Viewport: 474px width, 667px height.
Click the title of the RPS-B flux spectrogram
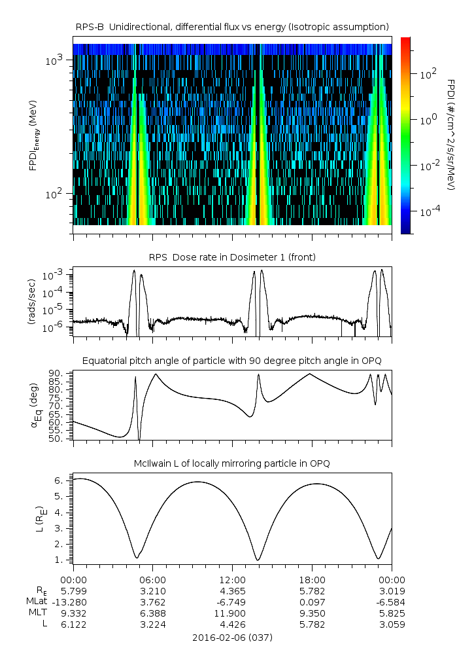232,26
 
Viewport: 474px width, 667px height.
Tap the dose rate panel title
232,257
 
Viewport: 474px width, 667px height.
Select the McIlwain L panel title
232,463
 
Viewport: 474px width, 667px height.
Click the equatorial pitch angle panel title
232,361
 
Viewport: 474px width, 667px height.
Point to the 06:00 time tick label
153,580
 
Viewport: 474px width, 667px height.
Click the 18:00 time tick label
312,580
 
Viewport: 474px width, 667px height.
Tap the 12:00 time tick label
232,580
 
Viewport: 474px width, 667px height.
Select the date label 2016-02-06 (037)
232,637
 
